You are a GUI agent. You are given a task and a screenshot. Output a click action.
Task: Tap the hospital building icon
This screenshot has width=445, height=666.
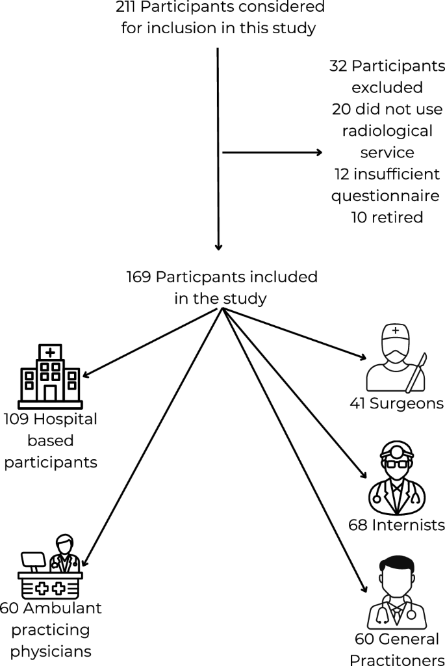pos(49,374)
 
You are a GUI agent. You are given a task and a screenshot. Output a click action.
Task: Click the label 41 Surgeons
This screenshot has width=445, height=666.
pos(396,403)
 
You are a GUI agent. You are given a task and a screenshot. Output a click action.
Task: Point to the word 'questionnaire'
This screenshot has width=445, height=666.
pos(385,195)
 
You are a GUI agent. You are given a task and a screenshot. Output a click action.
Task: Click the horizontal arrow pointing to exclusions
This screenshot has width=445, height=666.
pos(273,153)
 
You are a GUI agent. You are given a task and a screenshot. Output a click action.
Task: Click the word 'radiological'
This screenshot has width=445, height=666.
pos(387,131)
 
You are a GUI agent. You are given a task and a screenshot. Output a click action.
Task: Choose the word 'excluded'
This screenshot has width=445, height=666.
pos(387,88)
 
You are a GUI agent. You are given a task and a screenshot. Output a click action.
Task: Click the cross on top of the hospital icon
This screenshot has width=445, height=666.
pos(49,351)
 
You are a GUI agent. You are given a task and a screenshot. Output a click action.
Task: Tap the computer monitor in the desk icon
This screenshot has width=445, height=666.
pos(34,559)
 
